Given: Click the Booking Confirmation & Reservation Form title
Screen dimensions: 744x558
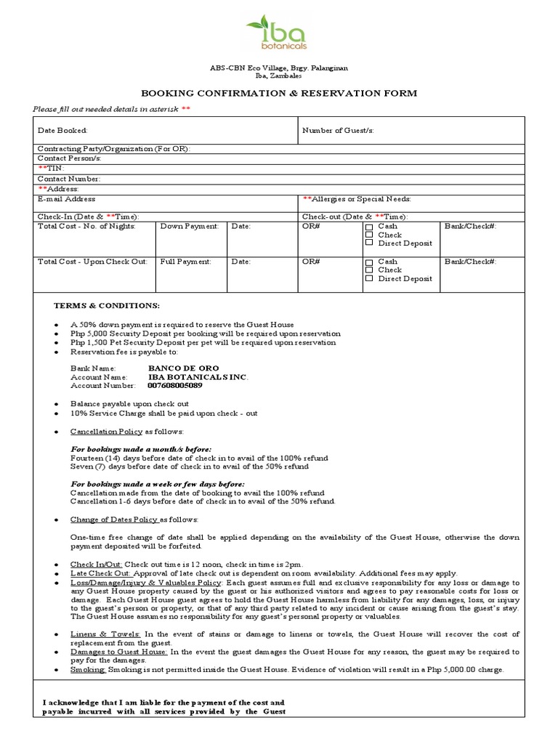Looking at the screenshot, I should coord(279,93).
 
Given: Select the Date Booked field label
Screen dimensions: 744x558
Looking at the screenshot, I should coord(62,131).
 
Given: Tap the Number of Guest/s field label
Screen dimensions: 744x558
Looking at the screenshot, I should coord(338,131).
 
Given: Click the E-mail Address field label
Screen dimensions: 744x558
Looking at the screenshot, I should coord(66,198).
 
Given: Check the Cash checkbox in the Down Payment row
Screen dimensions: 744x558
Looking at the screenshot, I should coord(369,227).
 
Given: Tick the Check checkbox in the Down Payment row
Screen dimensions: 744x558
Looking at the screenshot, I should coord(369,235).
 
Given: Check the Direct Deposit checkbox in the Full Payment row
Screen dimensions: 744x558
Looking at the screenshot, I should coord(369,278).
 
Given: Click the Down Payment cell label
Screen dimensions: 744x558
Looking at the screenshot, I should coord(189,227).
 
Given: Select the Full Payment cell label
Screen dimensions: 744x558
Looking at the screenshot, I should coord(186,262).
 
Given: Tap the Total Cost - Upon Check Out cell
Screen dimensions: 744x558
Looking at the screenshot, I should coord(92,262).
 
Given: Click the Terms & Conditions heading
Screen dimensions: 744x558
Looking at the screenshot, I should coord(105,305).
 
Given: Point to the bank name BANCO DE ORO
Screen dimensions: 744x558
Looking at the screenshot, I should coord(183,368).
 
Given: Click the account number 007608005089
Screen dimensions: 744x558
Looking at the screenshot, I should coord(175,386).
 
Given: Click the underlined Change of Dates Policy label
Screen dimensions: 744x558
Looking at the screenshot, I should coord(114,519).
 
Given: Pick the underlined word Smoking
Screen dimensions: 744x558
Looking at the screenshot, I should coord(88,669).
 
